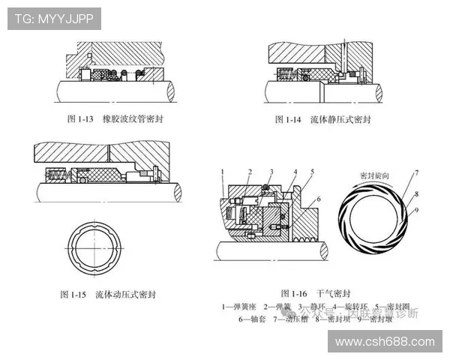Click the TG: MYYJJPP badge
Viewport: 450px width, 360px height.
click(x=54, y=19)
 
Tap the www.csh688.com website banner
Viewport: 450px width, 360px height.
click(x=385, y=342)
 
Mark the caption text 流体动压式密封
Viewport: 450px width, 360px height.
click(x=127, y=294)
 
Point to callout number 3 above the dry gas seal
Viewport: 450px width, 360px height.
click(x=271, y=173)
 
